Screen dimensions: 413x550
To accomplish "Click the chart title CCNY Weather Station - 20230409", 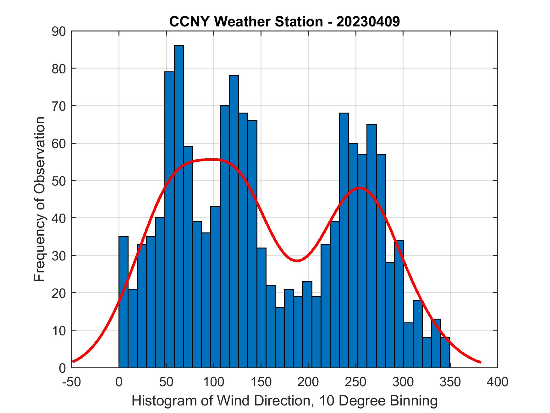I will click(284, 22).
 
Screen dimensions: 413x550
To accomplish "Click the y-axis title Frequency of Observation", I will click(40, 199).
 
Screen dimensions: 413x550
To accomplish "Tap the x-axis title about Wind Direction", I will click(284, 401).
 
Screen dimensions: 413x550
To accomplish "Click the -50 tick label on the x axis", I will click(72, 382).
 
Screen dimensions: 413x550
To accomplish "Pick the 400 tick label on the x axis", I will click(498, 382).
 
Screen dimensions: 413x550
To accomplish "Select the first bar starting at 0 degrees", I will click(124, 302).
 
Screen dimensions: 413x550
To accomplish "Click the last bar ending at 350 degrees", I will click(445, 352).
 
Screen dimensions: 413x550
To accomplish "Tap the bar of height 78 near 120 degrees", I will click(234, 220).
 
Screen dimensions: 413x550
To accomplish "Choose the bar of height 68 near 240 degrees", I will click(344, 239).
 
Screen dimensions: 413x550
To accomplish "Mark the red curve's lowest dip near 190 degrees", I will click(297, 260).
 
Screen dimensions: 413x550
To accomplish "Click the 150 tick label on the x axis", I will click(261, 382).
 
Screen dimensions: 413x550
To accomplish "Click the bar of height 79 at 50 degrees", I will click(169, 220).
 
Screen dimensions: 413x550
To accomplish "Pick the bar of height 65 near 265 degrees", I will click(371, 245).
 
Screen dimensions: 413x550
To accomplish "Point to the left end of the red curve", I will click(73, 361).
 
